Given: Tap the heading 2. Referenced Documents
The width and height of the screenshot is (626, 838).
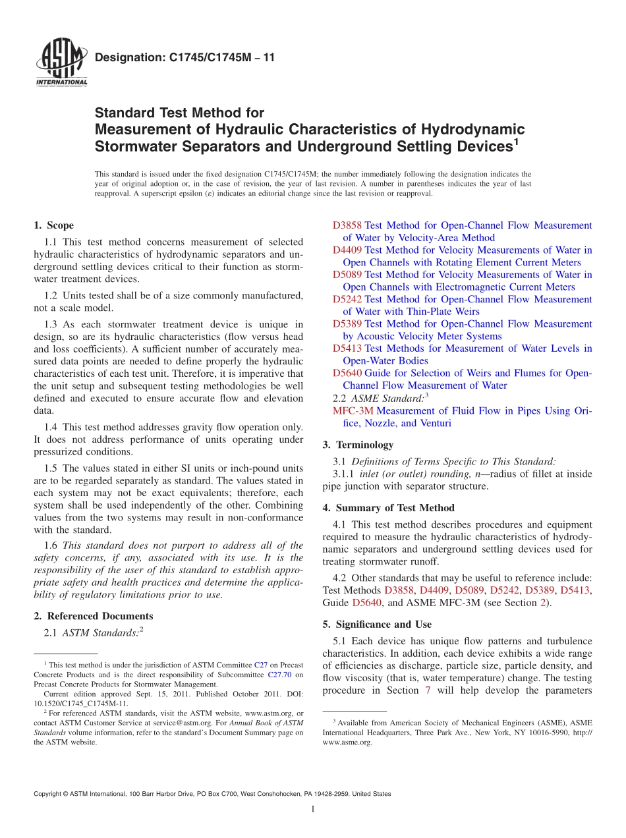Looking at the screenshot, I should (94, 616).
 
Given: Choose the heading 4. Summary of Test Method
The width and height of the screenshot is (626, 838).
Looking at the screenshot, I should (389, 508).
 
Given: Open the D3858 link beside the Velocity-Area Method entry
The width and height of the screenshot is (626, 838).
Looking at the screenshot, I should (347, 225).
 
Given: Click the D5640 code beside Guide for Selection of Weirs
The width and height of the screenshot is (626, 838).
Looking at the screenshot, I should (347, 373).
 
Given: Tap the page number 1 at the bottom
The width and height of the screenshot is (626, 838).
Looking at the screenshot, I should (313, 809).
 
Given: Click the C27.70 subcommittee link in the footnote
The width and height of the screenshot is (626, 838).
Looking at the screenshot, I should (280, 675).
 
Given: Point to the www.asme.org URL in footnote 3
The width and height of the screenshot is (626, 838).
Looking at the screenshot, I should (347, 742).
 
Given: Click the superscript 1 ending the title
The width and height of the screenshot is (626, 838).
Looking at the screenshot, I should (516, 141).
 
